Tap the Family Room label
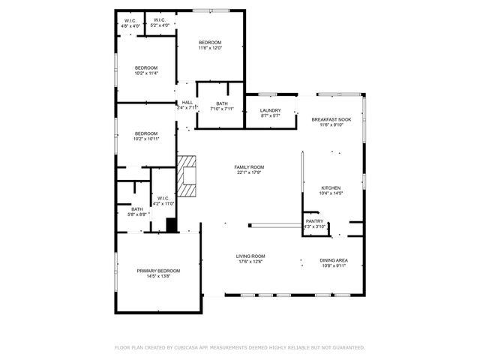tap(249, 167)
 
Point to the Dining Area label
tap(334, 260)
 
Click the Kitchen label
tap(331, 188)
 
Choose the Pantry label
tap(314, 221)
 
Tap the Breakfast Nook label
tap(331, 119)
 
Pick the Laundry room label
tap(270, 110)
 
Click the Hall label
tap(187, 103)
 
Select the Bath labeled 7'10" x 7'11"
tap(222, 103)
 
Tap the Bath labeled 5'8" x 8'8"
tap(137, 209)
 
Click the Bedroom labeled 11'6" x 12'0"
tap(210, 42)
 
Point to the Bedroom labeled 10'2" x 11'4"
tap(146, 68)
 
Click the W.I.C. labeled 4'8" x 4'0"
tap(131, 20)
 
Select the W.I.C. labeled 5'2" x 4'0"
tap(160, 20)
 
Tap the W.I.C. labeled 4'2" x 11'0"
tap(163, 199)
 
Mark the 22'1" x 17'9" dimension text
tap(249, 172)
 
